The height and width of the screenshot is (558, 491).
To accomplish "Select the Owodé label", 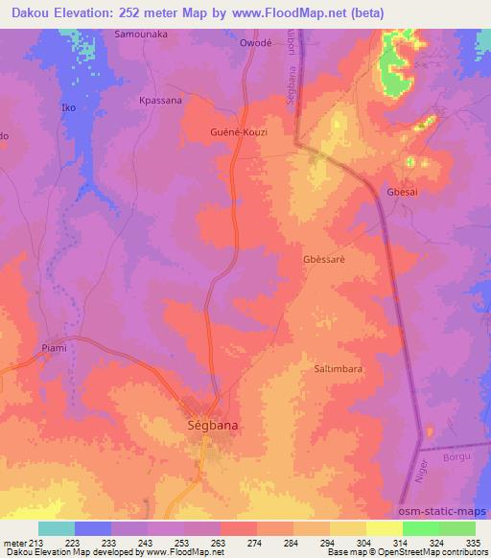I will click(x=256, y=44).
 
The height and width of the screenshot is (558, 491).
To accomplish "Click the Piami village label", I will click(x=55, y=348).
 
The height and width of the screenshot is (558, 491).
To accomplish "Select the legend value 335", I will click(x=474, y=543).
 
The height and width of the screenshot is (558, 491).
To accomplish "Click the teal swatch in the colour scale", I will click(x=57, y=528).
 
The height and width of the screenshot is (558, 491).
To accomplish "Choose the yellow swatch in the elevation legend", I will click(x=384, y=528).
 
